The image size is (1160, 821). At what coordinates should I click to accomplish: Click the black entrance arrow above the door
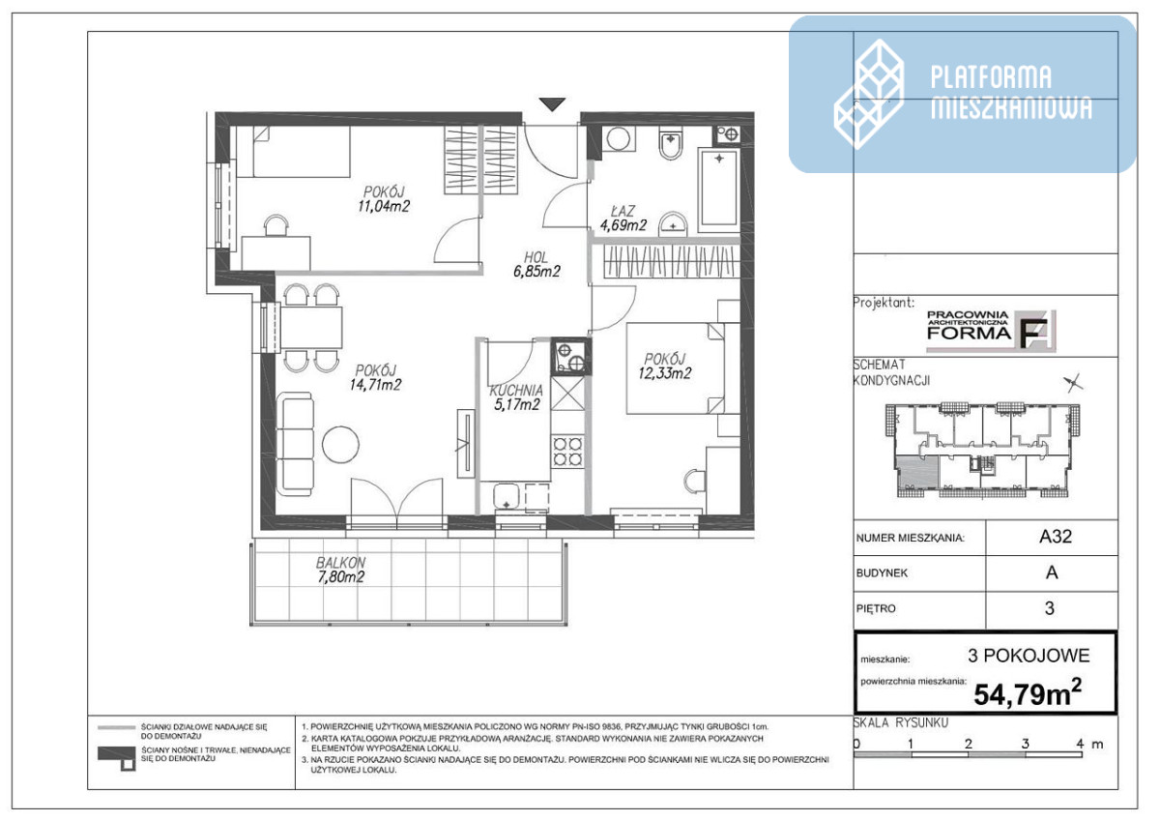pyautogui.click(x=552, y=104)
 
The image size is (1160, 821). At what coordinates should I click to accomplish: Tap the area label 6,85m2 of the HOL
pyautogui.click(x=536, y=272)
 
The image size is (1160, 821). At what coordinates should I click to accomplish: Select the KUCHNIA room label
pyautogui.click(x=516, y=390)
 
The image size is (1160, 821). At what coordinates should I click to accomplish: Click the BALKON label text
pyautogui.click(x=340, y=562)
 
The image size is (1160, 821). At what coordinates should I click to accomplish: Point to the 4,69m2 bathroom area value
pyautogui.click(x=623, y=225)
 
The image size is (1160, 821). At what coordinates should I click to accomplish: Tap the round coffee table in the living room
pyautogui.click(x=340, y=445)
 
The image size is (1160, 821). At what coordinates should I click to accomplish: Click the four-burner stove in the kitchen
pyautogui.click(x=567, y=452)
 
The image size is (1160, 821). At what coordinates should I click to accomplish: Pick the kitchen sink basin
pyautogui.click(x=506, y=497)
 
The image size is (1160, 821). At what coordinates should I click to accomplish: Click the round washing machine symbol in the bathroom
pyautogui.click(x=618, y=138)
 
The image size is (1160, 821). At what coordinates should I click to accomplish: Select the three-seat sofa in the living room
pyautogui.click(x=295, y=444)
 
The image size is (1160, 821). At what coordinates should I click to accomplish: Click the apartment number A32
pyautogui.click(x=1055, y=537)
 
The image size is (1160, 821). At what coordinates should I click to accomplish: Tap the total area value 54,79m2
pyautogui.click(x=1028, y=693)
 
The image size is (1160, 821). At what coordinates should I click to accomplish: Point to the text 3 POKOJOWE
pyautogui.click(x=1029, y=656)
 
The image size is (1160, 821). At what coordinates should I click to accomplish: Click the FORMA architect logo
pyautogui.click(x=991, y=331)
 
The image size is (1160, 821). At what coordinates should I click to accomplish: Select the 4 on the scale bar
pyautogui.click(x=1080, y=744)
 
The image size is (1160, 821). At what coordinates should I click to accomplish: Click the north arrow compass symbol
pyautogui.click(x=1074, y=383)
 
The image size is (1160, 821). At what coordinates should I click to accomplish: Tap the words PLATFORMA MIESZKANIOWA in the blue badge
pyautogui.click(x=1011, y=92)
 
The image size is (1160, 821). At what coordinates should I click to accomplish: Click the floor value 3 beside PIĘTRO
pyautogui.click(x=1050, y=608)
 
